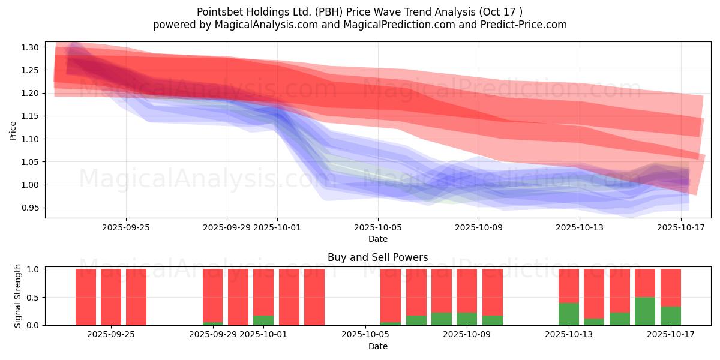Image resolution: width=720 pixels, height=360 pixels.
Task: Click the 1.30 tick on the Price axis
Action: [x=31, y=47]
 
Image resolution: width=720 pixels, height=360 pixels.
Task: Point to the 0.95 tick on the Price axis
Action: [x=31, y=208]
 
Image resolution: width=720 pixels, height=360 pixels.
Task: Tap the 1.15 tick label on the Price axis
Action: [x=31, y=116]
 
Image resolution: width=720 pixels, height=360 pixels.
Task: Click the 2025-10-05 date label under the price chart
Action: [x=377, y=227]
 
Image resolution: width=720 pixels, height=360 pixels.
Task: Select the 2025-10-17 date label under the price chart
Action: [x=680, y=227]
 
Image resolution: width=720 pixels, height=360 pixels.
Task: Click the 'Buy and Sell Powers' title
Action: [x=377, y=257]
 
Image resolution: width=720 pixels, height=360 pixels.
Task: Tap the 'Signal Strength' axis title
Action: [x=18, y=296]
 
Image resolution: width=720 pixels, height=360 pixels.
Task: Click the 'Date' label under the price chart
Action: [x=377, y=239]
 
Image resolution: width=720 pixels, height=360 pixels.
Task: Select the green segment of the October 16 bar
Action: [x=645, y=311]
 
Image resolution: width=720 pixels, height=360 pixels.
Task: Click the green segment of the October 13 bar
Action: [x=569, y=314]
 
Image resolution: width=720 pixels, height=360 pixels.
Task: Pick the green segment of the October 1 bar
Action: [x=263, y=320]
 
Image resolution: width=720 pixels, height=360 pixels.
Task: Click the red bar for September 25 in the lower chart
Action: [x=136, y=297]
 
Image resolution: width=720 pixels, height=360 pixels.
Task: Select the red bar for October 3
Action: [x=314, y=297]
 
